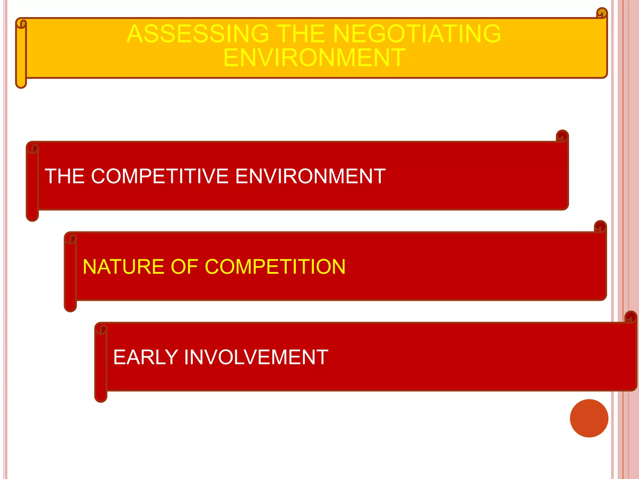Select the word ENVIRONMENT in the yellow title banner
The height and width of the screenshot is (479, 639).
[314, 58]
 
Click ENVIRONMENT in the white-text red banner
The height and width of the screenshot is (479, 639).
[310, 176]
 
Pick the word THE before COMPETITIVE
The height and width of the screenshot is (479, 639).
[65, 176]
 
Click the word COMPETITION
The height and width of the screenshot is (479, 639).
[275, 267]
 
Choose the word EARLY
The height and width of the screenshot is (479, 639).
[145, 357]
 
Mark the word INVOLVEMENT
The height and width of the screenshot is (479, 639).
[256, 357]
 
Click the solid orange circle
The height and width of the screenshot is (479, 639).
[589, 418]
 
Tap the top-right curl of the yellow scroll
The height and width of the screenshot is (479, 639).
[602, 13]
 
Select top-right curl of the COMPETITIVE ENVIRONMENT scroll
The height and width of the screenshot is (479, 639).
[562, 136]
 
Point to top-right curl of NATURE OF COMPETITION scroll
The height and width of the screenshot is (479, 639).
[600, 226]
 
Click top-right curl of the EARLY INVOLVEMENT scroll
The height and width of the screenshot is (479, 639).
[631, 317]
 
